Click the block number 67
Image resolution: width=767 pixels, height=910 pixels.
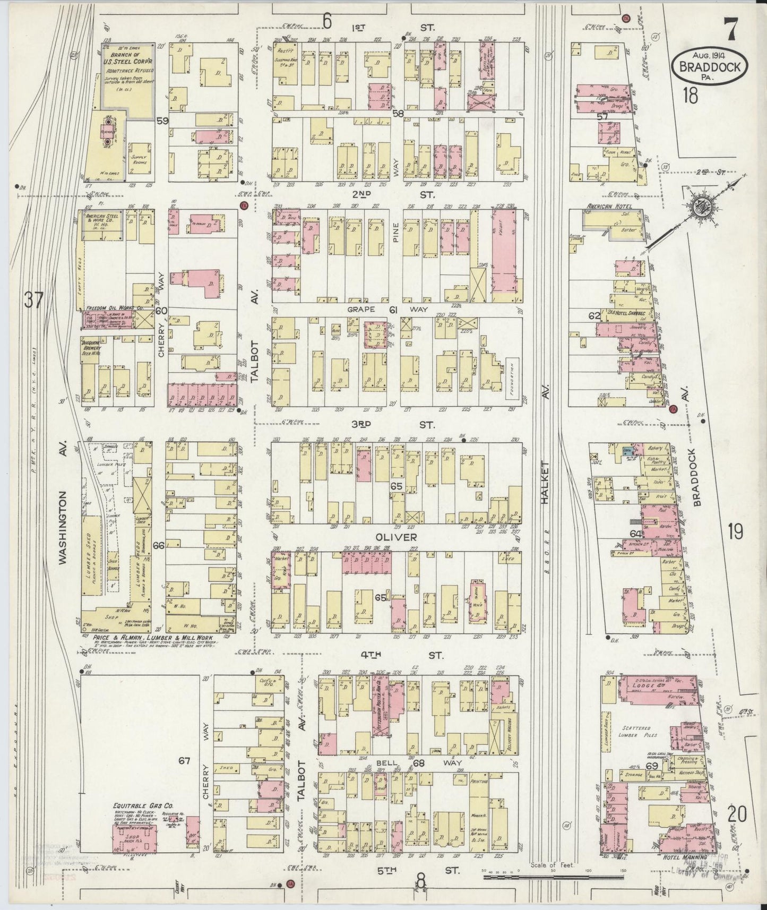(x=184, y=761)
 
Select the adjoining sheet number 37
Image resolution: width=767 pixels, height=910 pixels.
(x=32, y=301)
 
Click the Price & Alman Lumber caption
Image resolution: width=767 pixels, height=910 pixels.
(x=153, y=637)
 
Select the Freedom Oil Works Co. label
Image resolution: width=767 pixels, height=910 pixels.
(x=115, y=307)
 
